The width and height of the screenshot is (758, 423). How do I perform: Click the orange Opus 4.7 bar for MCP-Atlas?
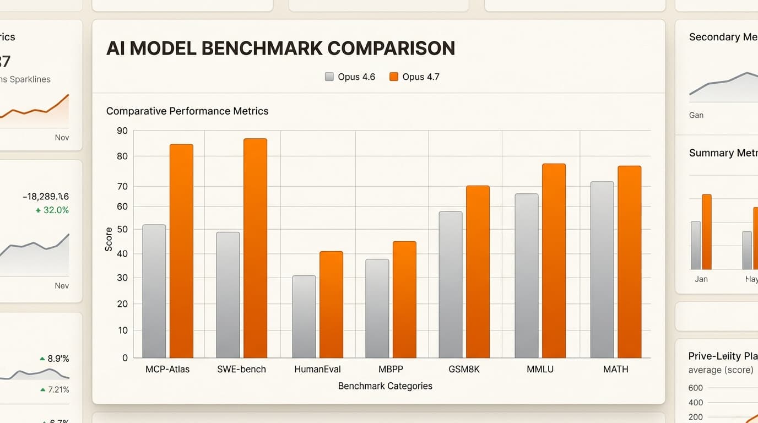tap(181, 251)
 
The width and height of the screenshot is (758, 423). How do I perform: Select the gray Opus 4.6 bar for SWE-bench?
tap(228, 295)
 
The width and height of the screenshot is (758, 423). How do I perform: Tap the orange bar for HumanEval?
tap(331, 304)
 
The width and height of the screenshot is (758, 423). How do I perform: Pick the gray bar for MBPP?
tap(377, 308)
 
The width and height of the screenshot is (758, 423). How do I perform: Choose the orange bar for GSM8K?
tap(478, 272)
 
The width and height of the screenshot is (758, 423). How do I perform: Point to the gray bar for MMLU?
tap(526, 275)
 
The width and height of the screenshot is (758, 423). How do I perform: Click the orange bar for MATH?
tap(629, 262)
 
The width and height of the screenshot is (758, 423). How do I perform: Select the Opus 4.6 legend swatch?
tap(329, 77)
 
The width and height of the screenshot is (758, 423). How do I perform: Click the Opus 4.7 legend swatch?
tap(393, 77)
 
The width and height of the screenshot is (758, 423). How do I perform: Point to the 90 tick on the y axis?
tap(122, 131)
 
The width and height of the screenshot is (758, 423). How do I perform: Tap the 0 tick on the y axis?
tap(124, 358)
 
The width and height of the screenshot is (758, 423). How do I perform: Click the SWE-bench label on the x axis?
tap(241, 369)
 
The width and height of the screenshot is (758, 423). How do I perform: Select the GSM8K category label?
tap(464, 369)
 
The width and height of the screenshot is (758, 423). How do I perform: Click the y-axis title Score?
tap(109, 239)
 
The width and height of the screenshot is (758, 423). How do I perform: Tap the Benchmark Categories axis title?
tap(385, 386)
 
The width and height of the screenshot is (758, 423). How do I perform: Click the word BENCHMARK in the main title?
tap(262, 48)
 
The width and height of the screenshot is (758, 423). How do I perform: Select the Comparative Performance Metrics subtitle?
tap(187, 111)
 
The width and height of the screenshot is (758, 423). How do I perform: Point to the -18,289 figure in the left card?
tap(46, 197)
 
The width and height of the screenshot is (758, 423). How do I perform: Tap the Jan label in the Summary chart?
tap(701, 279)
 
